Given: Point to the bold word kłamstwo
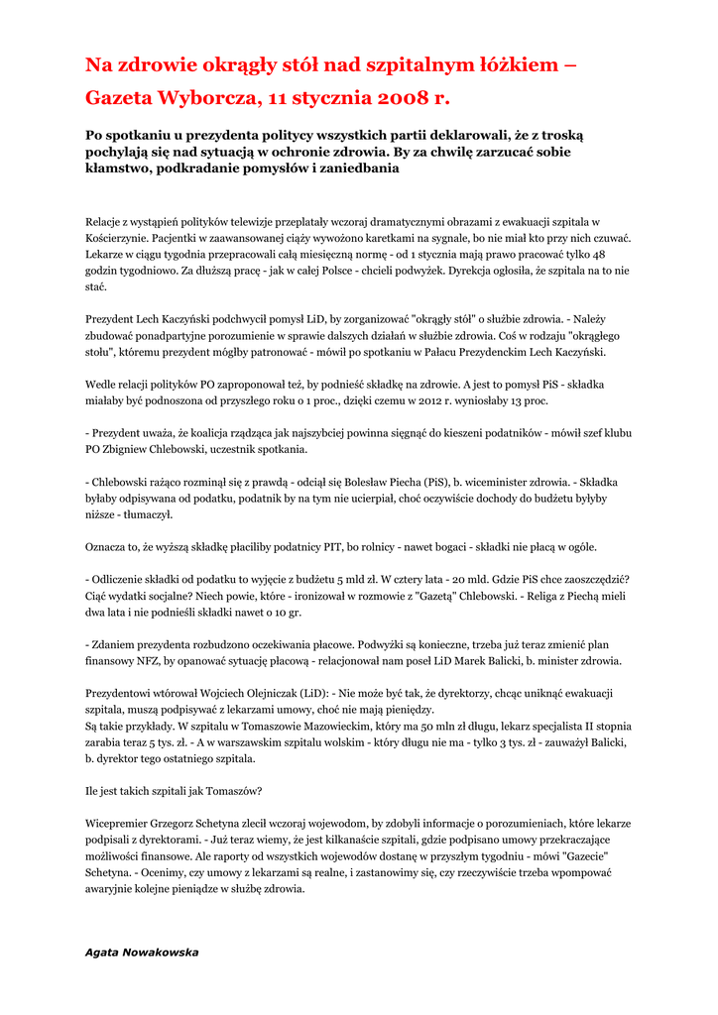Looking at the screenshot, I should click(x=122, y=169).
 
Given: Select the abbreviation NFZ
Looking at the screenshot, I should click(x=151, y=660).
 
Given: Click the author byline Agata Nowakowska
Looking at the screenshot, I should click(x=142, y=953).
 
